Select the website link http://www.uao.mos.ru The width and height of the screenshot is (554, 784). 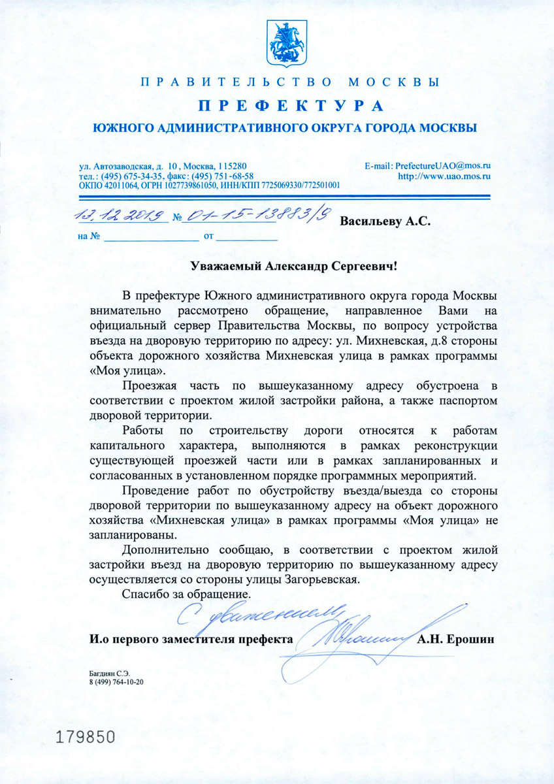[444, 176]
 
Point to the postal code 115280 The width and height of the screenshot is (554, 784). [233, 167]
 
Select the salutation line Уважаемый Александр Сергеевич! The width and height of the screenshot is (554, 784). [293, 267]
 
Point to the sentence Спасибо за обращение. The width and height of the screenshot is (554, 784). [186, 595]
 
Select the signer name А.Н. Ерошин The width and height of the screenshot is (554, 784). [455, 639]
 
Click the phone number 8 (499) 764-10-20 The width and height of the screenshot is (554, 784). [116, 681]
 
